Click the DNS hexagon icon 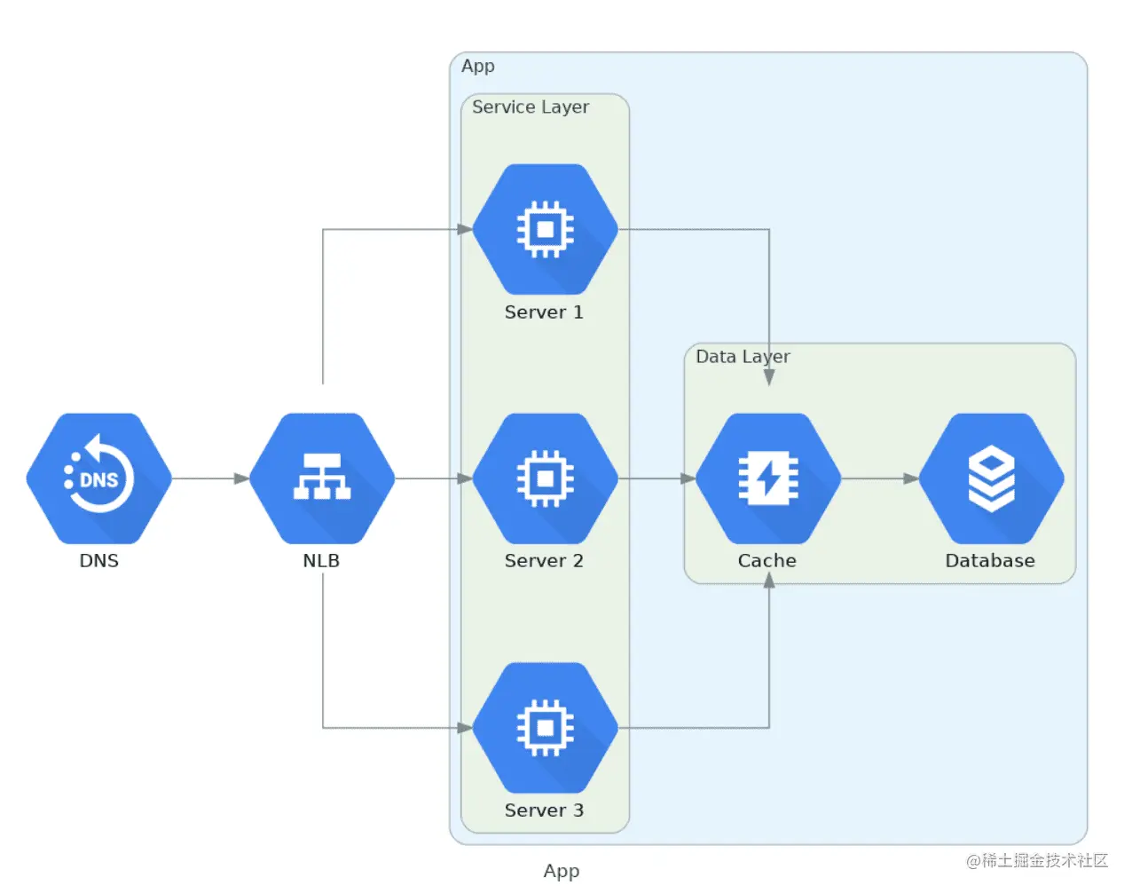coord(98,478)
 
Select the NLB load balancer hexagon coord(322,478)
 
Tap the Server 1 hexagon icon coord(545,229)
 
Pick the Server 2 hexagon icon coord(545,478)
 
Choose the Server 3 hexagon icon coord(545,728)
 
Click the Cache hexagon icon coord(768,478)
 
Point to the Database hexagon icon coord(991,478)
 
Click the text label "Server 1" coord(544,312)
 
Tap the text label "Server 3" coord(544,810)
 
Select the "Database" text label coord(990,561)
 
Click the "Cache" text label coord(767,561)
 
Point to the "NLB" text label coord(321,561)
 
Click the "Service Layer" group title coord(531,107)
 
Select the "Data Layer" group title coord(743,357)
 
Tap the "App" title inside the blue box coord(478,67)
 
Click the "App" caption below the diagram coord(562,872)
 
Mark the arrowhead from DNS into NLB coord(241,478)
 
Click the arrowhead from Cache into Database coord(911,478)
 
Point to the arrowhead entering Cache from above coord(769,377)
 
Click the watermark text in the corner coord(1037,861)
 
